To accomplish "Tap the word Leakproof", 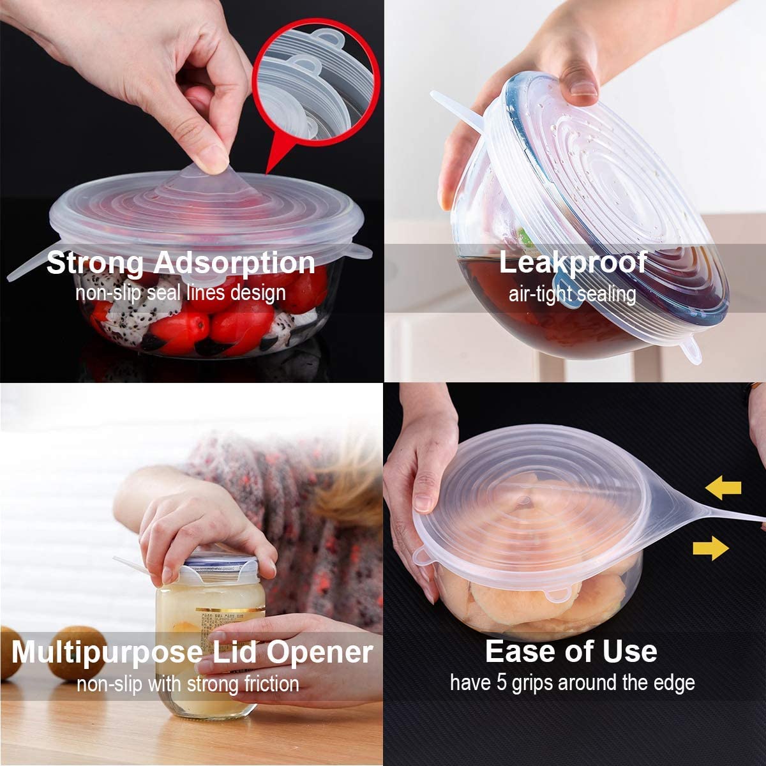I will coord(573,262).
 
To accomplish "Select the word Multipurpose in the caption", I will coord(107,652).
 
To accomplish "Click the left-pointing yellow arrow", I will coord(723,489).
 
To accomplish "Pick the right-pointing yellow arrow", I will coord(710,548).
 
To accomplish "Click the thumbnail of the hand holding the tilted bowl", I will coord(574,191).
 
